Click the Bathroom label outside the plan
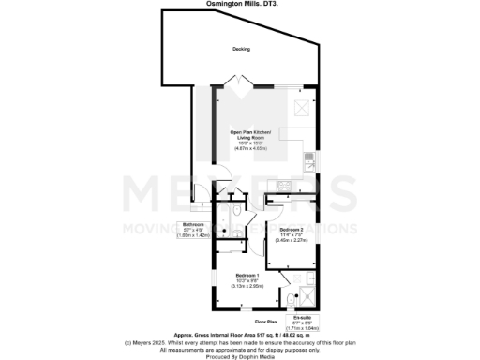[x=194, y=225]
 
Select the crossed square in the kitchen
[x=304, y=108]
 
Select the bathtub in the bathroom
[x=221, y=226]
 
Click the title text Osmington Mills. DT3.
[x=240, y=4]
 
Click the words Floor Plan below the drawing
[x=266, y=322]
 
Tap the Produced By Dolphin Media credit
[x=240, y=355]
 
